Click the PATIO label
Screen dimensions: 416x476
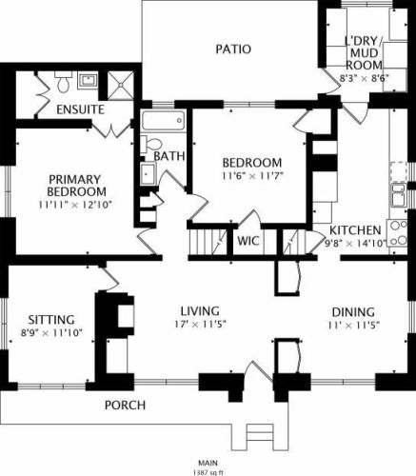pos(233,50)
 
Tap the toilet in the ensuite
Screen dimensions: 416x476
pos(64,82)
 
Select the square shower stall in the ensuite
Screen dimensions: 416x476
pos(121,85)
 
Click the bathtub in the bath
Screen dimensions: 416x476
pos(163,121)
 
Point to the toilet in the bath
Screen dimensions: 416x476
pos(151,144)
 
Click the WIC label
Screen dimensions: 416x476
pos(248,241)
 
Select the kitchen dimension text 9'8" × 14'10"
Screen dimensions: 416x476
pos(355,244)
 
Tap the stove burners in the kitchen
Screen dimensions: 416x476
pos(398,233)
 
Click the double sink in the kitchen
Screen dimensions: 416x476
pos(399,195)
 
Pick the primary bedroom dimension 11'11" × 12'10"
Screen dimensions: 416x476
pos(75,205)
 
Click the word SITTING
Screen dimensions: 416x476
pos(51,320)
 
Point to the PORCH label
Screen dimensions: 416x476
pos(125,406)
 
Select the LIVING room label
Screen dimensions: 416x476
pos(200,311)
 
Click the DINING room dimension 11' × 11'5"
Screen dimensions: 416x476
pos(354,326)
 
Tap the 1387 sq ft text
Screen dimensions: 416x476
pos(208,472)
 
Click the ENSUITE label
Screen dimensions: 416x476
pos(80,109)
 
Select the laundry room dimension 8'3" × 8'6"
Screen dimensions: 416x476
pos(365,78)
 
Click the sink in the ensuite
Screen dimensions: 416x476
pos(88,80)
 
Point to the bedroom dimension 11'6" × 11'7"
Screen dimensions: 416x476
pos(252,175)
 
